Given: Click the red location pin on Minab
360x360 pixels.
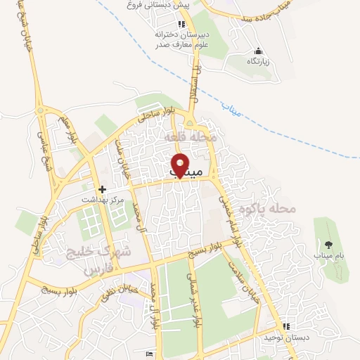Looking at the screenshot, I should pyautogui.click(x=181, y=165).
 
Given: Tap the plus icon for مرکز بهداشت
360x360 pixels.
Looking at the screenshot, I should pyautogui.click(x=103, y=189).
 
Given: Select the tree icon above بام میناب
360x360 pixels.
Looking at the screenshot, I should pyautogui.click(x=328, y=245).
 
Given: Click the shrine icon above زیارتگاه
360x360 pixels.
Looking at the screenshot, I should pyautogui.click(x=258, y=51).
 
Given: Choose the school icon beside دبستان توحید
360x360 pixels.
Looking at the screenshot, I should pyautogui.click(x=285, y=326).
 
